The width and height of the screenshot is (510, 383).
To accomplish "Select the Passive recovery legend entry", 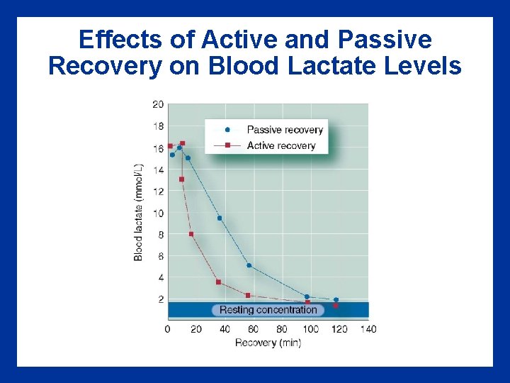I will coord(284,130).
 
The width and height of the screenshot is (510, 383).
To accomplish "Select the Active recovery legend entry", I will coord(280,145).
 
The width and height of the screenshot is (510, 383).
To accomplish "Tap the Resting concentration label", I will coord(268,310).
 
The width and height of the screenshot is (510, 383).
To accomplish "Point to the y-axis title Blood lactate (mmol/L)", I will coord(138,212).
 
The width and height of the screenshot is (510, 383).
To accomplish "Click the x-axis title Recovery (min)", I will coord(268,343).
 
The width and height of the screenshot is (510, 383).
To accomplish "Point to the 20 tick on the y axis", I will coord(157,105).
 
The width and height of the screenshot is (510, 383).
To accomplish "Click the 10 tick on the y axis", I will coord(157,213).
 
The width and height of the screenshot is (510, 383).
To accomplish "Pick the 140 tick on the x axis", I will coord(368,329).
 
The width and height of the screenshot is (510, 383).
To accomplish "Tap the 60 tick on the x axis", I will coord(254,329).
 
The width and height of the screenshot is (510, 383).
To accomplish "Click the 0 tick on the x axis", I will coord(167,329).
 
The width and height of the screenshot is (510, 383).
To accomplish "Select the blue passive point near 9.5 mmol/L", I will coord(220,218).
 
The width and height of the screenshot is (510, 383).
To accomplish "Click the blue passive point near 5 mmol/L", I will coord(249,265).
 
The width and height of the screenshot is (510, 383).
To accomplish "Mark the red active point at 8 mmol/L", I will coord(191,234).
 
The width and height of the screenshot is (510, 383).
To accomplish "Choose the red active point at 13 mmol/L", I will coord(181,179).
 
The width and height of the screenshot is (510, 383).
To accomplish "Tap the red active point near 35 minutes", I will coord(218,282).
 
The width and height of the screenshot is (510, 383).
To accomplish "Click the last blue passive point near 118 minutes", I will coord(336,300).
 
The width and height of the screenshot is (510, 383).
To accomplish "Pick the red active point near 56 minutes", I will coord(247,295).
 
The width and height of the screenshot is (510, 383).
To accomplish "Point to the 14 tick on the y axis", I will coord(157,170).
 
